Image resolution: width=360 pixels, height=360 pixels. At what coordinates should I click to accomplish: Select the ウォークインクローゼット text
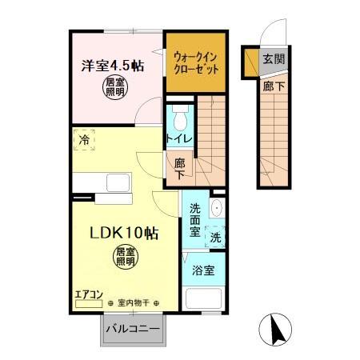point(194,62)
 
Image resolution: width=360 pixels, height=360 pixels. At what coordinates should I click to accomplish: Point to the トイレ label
point(178,138)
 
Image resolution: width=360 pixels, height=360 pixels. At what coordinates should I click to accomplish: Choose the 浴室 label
point(202,270)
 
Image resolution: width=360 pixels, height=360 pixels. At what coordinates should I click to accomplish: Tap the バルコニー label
point(133,329)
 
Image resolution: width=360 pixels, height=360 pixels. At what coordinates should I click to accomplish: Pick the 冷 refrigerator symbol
point(84,140)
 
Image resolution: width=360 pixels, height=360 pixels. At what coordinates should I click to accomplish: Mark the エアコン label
point(89,294)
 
